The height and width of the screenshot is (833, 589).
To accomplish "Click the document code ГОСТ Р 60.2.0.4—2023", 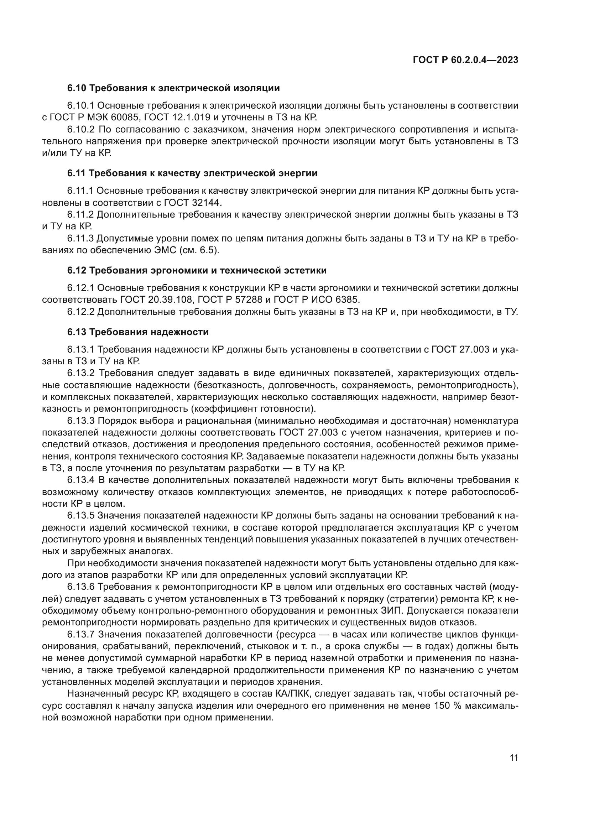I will pyautogui.click(x=466, y=60).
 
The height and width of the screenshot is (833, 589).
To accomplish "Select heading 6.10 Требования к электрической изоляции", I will pyautogui.click(x=173, y=88).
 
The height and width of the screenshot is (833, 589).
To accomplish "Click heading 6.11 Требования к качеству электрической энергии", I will pyautogui.click(x=192, y=173).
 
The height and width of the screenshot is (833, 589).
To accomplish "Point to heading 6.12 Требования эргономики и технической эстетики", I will pyautogui.click(x=197, y=270).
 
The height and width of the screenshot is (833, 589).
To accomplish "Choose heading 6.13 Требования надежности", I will pyautogui.click(x=138, y=332).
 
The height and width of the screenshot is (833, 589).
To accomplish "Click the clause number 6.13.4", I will pyautogui.click(x=80, y=480).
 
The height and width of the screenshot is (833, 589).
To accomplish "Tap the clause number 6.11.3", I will pyautogui.click(x=80, y=238).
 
